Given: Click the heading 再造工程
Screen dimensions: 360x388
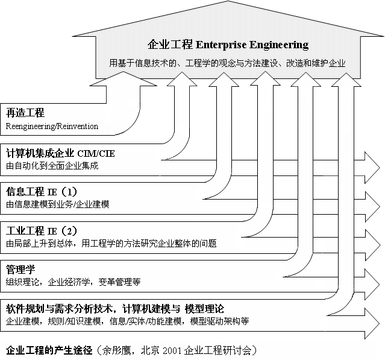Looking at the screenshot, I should point(25,113).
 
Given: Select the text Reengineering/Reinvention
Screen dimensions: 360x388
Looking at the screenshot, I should point(52,126).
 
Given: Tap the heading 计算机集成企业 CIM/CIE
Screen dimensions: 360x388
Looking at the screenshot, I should point(60,153).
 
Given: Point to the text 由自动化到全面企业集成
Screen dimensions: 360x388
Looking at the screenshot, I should point(52,165).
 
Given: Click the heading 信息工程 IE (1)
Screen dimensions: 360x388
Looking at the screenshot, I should point(42,192).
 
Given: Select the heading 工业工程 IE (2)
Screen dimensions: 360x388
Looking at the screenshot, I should point(42,231).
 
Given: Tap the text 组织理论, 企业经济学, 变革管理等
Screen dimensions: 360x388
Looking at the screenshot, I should point(74,282).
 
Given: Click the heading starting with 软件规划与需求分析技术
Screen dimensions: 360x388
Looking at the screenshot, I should point(115,309).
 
